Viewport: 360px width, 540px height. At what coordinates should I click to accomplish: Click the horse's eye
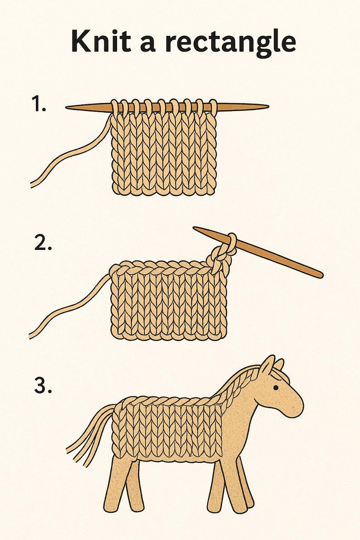pyautogui.click(x=275, y=388)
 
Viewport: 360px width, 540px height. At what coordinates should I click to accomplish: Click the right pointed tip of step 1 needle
pyautogui.click(x=265, y=107)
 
